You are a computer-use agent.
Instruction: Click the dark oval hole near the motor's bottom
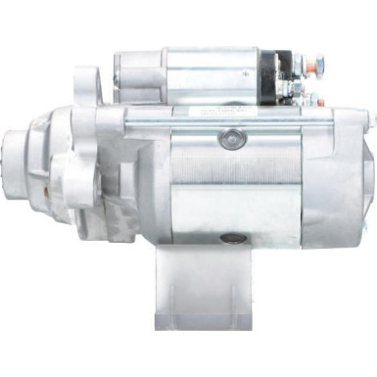[x=236, y=237]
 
